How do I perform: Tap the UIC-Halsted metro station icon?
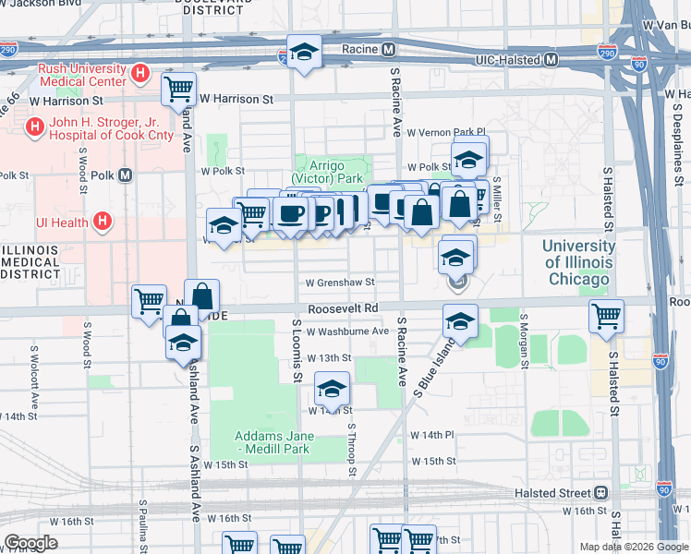[x=551, y=60]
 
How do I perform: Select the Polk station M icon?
[x=125, y=175]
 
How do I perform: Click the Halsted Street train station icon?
[x=601, y=492]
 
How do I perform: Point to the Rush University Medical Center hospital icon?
[x=140, y=72]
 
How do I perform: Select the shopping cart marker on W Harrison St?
[x=177, y=89]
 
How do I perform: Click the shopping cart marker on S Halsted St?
[x=606, y=316]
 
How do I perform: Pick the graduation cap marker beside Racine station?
[x=303, y=53]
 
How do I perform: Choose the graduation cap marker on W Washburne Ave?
[x=459, y=321]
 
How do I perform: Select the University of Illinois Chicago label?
[x=578, y=262]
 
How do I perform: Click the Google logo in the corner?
[x=30, y=543]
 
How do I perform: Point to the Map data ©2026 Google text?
[x=634, y=547]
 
